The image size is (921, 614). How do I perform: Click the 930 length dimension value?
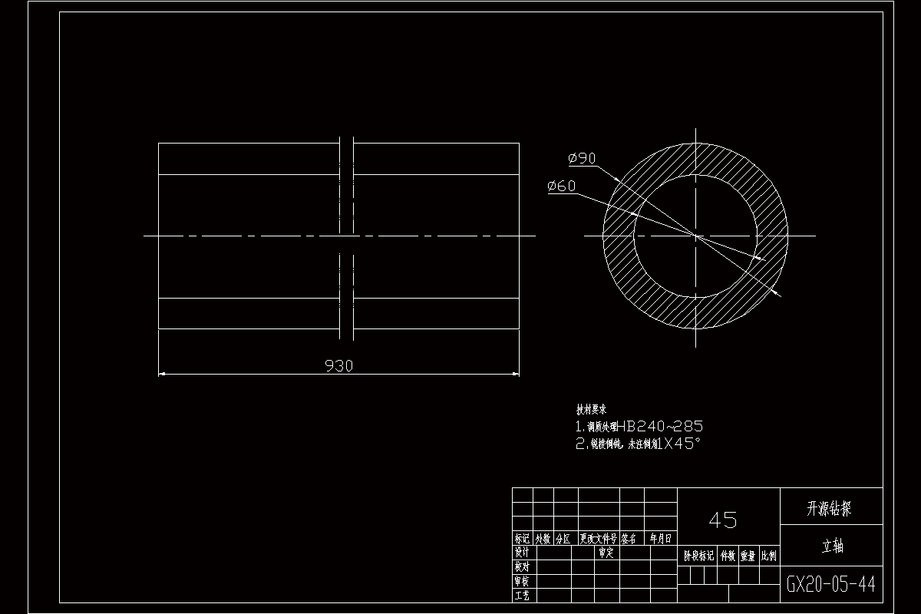(338, 366)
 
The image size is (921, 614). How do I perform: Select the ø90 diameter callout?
(582, 158)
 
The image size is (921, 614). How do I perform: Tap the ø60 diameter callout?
(562, 186)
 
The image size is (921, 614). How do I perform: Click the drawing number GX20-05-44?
(830, 585)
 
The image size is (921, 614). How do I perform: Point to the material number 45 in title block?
(723, 520)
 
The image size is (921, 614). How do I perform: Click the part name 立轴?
(831, 546)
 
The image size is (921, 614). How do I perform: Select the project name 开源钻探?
(830, 508)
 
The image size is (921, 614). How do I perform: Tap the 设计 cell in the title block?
(522, 553)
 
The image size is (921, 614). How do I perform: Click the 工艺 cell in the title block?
(522, 595)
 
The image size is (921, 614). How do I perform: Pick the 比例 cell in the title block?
(769, 556)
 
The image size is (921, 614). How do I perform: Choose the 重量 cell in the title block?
(748, 556)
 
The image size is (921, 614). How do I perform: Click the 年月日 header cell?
(661, 539)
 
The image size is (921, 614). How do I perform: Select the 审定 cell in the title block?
(606, 553)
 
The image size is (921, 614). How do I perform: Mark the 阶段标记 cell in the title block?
(698, 556)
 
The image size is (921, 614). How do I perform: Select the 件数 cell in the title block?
(728, 556)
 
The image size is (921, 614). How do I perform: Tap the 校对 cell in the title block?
(522, 566)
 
